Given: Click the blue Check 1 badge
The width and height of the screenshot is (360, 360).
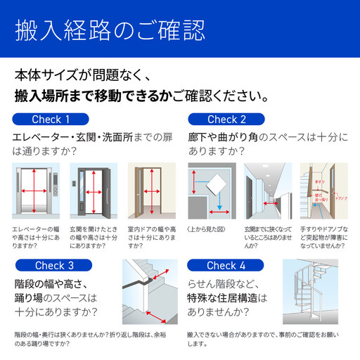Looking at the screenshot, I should tap(51, 119).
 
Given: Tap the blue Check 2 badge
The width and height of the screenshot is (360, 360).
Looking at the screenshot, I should tap(226, 119).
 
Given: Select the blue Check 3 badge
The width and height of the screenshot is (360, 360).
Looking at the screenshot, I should tap(54, 265).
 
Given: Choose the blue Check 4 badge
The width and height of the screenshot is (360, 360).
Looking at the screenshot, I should tap(226, 265).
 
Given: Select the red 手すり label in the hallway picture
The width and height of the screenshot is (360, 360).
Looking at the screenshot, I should tap(328, 181).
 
